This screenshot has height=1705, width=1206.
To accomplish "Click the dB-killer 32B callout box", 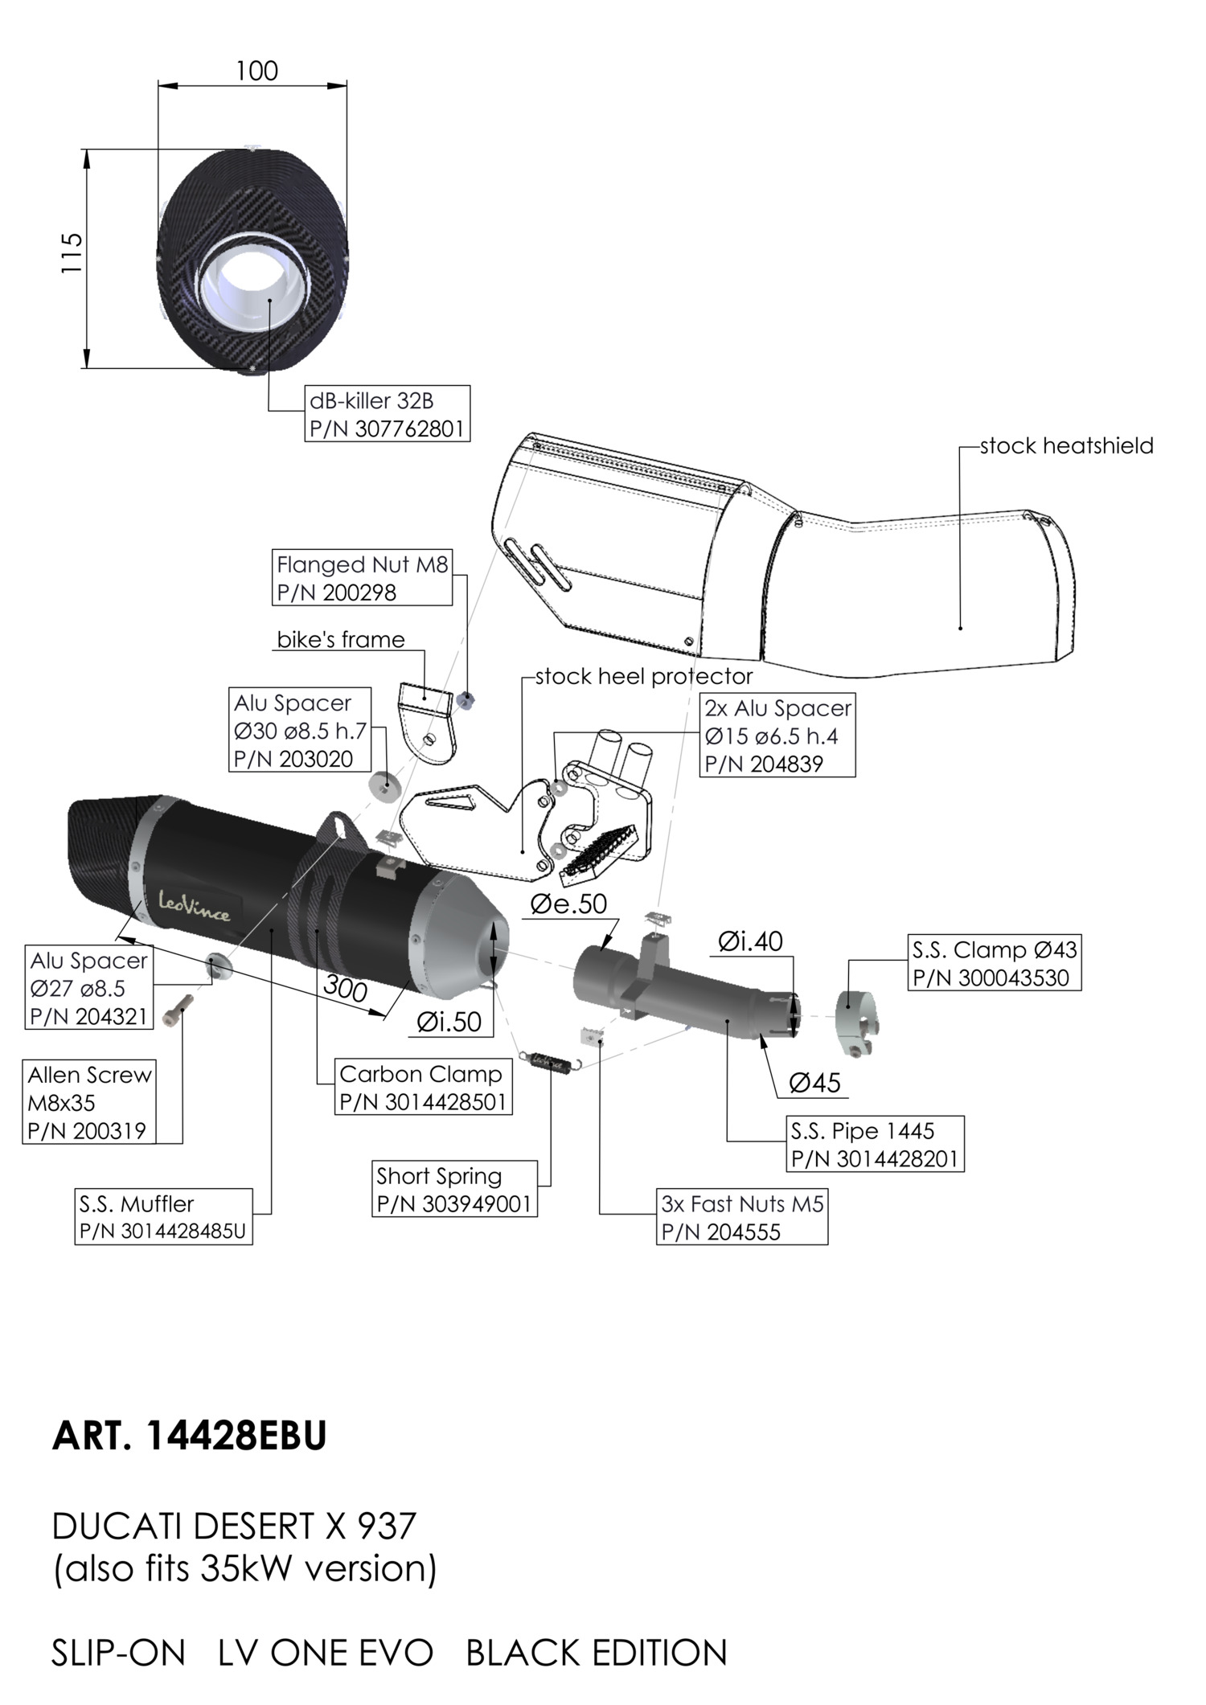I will (x=388, y=413).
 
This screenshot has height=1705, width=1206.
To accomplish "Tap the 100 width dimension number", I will (x=256, y=72).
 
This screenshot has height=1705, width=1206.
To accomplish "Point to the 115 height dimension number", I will (x=72, y=252).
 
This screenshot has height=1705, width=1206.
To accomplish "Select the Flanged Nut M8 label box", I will (x=362, y=578).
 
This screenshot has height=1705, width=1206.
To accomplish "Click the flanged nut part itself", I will (x=466, y=700).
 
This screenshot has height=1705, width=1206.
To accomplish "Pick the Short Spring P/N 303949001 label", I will (x=454, y=1189).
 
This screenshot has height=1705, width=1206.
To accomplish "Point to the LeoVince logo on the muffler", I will (x=194, y=905).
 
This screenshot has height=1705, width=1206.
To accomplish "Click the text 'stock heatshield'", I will (x=1066, y=446).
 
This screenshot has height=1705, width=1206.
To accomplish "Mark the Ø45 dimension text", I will (x=814, y=1083).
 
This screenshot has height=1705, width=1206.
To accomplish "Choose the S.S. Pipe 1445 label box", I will (x=875, y=1144).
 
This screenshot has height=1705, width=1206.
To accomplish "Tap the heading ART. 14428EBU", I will (x=189, y=1436).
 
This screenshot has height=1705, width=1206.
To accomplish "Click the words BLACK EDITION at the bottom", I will (x=596, y=1654).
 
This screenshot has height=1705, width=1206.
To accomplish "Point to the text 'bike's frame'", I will (x=340, y=640).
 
